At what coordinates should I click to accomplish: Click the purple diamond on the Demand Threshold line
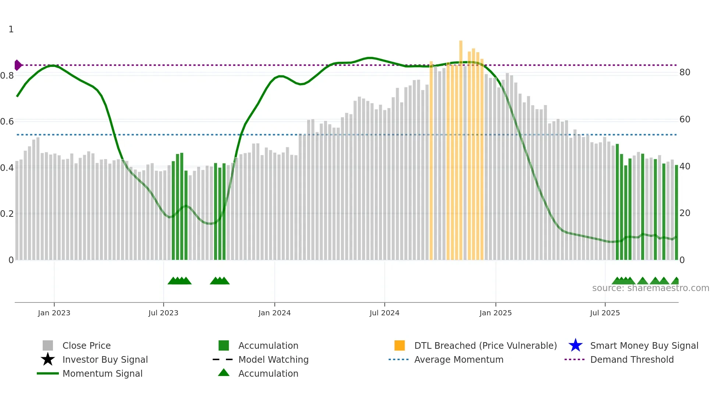18,65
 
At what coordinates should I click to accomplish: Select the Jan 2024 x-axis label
274,313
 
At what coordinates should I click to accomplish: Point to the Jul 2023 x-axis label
163,313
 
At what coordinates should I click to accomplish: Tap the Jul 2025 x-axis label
605,313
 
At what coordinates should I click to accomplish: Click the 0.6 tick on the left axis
7,122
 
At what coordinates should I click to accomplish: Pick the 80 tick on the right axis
685,72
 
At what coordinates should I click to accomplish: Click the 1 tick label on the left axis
11,29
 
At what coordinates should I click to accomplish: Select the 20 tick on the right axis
685,213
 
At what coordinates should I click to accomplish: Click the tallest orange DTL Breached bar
461,147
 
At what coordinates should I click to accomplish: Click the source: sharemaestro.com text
650,288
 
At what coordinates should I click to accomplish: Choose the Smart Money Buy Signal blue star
575,345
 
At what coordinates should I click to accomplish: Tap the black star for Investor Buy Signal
48,359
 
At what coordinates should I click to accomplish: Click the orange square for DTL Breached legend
399,345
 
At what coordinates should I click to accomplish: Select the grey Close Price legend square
48,345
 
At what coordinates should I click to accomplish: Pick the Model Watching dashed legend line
223,359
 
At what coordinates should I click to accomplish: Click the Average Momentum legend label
459,359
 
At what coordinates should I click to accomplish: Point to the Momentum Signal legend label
102,373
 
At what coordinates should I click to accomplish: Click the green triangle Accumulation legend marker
224,373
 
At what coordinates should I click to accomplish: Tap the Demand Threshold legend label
632,359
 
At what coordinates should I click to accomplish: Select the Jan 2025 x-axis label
496,313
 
